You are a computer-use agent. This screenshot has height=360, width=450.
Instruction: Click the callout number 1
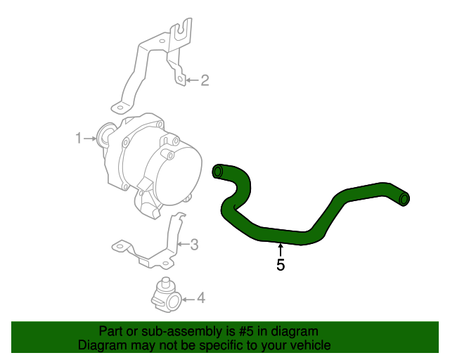click(79, 139)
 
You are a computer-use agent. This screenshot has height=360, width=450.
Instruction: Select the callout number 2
click(205, 80)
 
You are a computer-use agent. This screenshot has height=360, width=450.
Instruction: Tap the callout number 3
click(195, 245)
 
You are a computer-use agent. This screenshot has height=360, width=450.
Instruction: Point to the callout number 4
click(200, 299)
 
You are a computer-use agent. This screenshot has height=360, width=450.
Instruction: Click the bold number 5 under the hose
click(281, 265)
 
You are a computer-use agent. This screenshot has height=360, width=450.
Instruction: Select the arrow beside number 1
click(90, 139)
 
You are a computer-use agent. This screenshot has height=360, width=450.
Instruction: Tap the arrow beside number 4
click(187, 299)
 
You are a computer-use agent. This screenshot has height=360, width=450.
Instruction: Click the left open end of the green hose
click(218, 171)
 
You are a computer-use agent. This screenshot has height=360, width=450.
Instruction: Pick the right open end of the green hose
click(404, 200)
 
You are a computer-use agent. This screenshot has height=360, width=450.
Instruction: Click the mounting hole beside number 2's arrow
click(180, 80)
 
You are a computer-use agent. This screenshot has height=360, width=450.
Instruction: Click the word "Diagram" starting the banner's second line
click(103, 345)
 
